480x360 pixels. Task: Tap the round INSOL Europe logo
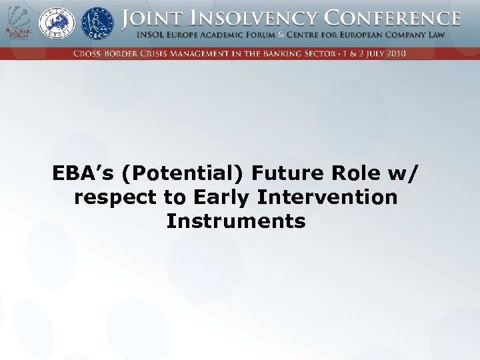(x=57, y=23)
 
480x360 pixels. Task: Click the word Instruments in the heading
(x=236, y=221)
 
